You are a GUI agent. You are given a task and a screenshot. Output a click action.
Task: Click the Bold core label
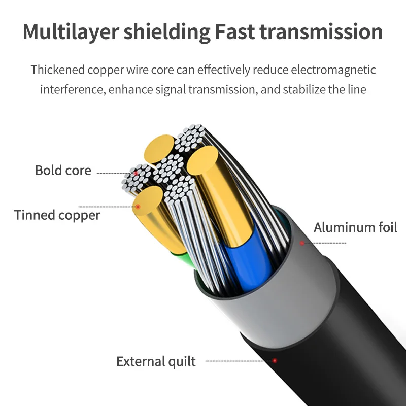point(63,170)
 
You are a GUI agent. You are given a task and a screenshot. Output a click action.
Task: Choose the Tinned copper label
point(57,215)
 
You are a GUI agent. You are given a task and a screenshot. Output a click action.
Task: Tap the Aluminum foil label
point(355,227)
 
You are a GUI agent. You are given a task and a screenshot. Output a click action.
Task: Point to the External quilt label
point(156,361)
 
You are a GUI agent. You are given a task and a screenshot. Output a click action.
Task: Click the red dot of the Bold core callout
point(136,174)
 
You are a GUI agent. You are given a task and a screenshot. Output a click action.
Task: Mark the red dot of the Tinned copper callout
point(137,207)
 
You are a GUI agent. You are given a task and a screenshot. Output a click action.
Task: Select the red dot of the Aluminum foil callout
point(302,243)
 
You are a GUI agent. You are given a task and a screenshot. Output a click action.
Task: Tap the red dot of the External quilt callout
point(275,361)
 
